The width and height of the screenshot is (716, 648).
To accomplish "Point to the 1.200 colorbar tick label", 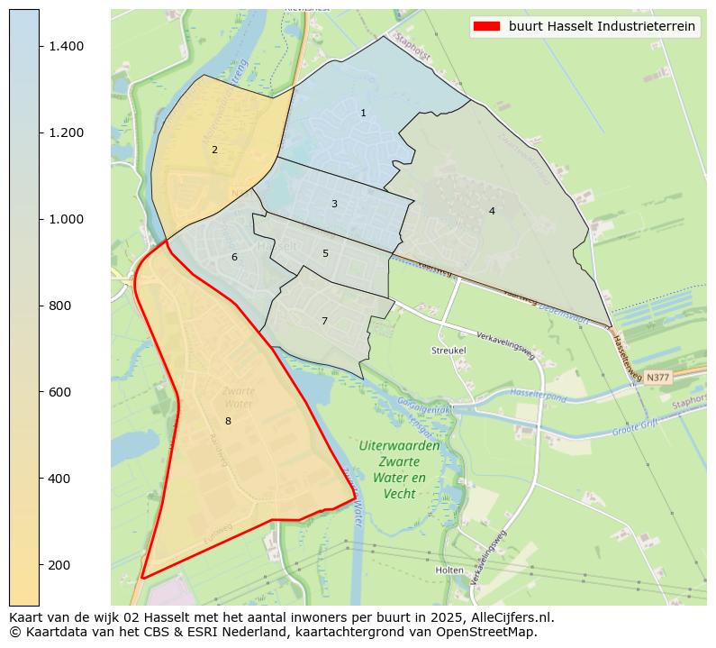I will tap(66, 132).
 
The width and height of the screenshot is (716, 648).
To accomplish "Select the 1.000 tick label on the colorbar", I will tap(66, 219).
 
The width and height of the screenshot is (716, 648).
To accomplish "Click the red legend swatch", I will tap(485, 27).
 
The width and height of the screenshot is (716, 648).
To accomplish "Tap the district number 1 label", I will tap(363, 114).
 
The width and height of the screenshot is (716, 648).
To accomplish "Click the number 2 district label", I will tap(214, 150).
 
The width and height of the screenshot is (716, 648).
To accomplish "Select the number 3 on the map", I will tap(334, 205).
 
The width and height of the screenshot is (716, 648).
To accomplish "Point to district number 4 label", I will tap(492, 211).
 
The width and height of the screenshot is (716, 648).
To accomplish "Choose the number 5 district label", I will tap(325, 254).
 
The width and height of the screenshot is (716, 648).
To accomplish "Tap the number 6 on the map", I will tap(234, 258).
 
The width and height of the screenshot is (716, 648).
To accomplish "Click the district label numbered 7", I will tap(324, 322).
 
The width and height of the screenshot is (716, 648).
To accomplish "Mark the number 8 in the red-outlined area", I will tap(228, 421).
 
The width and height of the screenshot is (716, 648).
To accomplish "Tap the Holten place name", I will tap(449, 570).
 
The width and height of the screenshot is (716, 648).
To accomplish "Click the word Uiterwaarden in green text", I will tap(399, 446).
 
